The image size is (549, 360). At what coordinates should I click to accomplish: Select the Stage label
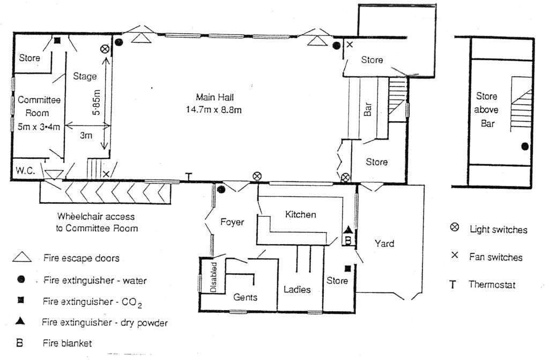pos(85,76)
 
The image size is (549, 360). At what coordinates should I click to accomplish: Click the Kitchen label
pos(300,214)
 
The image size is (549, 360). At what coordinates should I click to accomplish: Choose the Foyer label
pos(232,222)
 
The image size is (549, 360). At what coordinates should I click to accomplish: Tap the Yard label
pos(384,243)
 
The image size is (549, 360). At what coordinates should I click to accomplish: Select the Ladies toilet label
pos(297,289)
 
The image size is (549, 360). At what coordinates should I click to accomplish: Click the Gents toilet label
pos(246,297)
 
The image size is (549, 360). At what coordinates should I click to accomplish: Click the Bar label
pos(368,111)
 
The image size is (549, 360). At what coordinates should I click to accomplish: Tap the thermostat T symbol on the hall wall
pos(188,177)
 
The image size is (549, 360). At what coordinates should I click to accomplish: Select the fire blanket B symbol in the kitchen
pos(347,240)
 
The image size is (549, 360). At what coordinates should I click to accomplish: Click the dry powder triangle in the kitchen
pos(347,229)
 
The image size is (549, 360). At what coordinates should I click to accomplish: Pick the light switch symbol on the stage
pos(105,49)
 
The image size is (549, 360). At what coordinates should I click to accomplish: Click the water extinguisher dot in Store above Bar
pos(525,146)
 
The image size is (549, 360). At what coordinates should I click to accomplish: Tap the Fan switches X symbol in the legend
pos(455,256)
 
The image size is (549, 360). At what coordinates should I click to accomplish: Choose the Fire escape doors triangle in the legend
pos(26,258)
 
